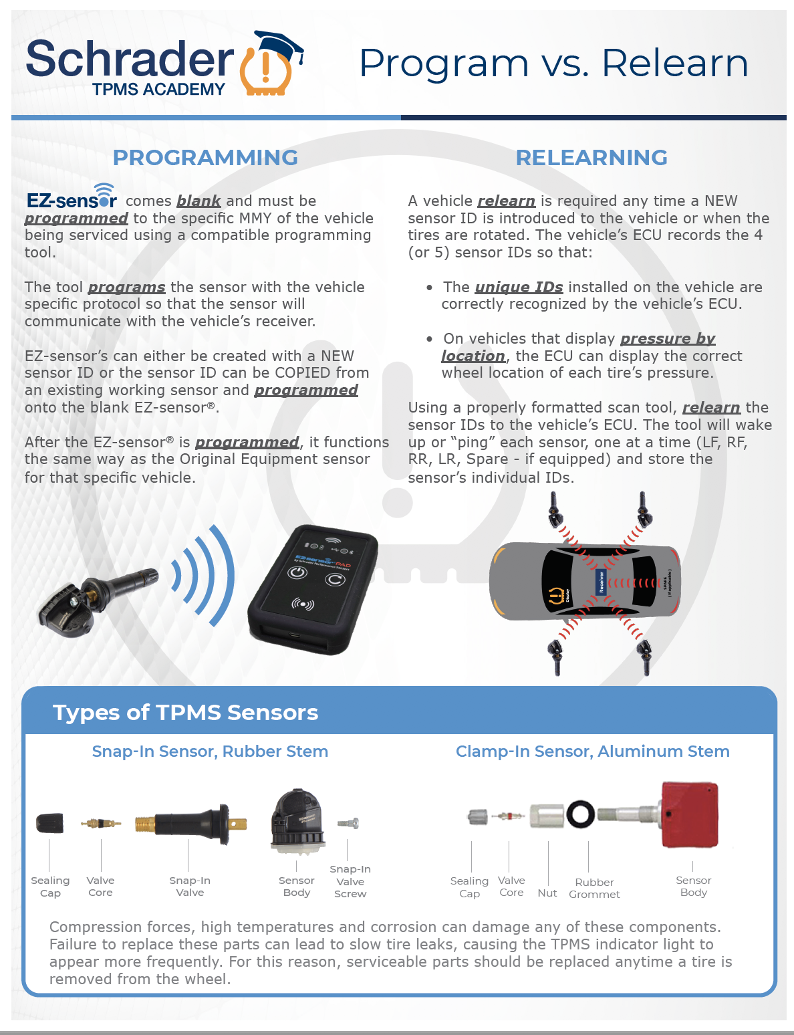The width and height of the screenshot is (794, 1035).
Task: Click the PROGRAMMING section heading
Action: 205,158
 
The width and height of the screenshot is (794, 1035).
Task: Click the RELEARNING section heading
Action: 591,158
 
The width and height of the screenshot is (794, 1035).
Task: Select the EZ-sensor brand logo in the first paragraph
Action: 72,197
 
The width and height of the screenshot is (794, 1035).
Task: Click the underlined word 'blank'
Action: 198,201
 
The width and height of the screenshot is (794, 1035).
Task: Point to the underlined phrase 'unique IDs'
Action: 519,287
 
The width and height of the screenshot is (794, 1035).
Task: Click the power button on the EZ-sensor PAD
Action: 297,572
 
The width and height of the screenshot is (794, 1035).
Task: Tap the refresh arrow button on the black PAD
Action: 335,579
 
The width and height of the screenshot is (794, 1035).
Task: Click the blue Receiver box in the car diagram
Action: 602,582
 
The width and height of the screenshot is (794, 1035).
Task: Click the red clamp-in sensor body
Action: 690,814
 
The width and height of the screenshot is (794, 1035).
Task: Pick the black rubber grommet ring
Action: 581,814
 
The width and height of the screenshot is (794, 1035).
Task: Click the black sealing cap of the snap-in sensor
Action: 50,823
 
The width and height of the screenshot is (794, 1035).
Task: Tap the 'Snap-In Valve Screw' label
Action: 350,882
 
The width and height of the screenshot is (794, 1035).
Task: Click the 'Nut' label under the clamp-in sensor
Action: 547,893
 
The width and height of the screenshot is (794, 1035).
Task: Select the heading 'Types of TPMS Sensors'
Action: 185,713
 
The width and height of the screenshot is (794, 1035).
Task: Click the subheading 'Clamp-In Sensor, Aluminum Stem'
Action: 593,751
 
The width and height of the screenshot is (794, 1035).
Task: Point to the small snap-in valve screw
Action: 348,823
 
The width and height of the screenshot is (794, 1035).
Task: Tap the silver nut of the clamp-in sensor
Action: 547,816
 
